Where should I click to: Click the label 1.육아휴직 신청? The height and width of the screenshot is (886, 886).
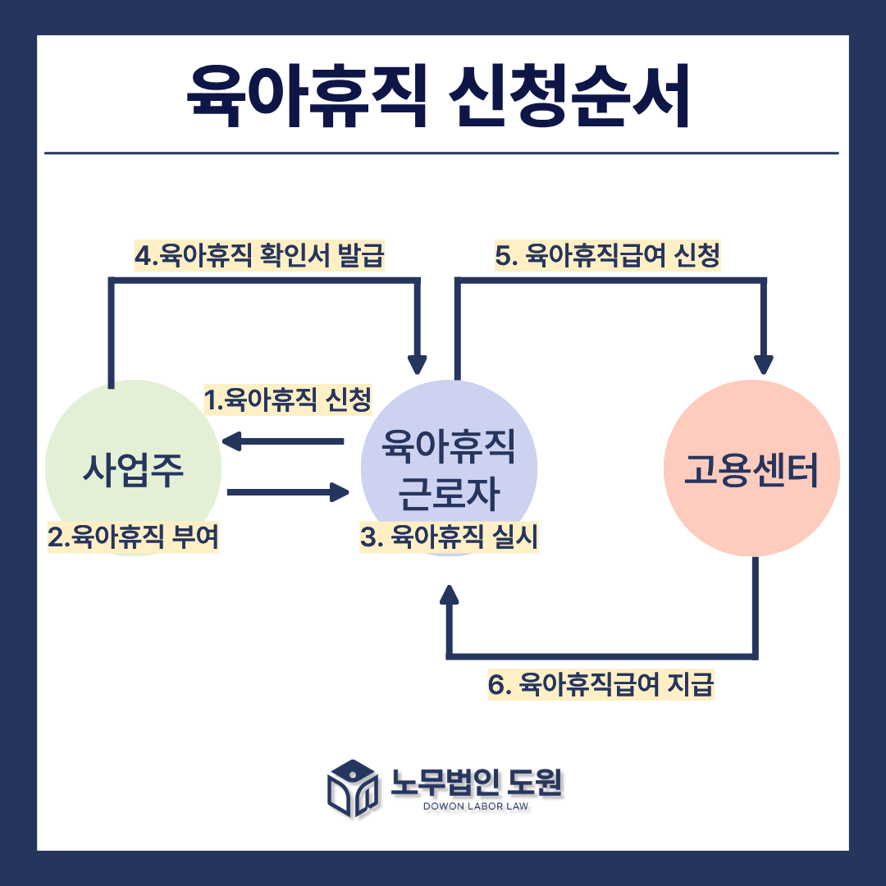[x=288, y=400]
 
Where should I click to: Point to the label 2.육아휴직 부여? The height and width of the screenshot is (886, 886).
[x=134, y=538]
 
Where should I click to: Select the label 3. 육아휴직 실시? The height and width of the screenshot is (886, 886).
[x=449, y=538]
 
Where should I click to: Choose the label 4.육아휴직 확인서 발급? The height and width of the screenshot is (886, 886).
[x=259, y=256]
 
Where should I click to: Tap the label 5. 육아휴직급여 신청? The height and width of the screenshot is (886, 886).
[x=608, y=256]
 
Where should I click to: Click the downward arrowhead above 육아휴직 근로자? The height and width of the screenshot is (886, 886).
[x=418, y=363]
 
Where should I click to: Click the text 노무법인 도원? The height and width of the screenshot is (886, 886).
[x=477, y=781]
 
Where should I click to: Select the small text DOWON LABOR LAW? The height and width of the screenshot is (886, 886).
[x=476, y=806]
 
